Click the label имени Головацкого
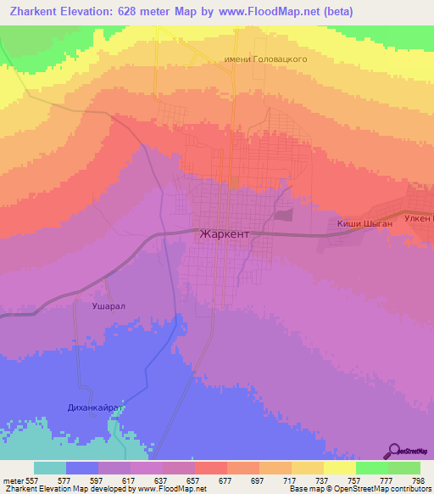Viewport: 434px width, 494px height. point(264,60)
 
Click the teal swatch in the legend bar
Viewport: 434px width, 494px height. point(50,468)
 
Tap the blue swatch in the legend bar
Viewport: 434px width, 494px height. point(82,468)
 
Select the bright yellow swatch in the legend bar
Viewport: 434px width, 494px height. point(340,468)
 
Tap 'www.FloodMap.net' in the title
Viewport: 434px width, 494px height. point(253,12)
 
